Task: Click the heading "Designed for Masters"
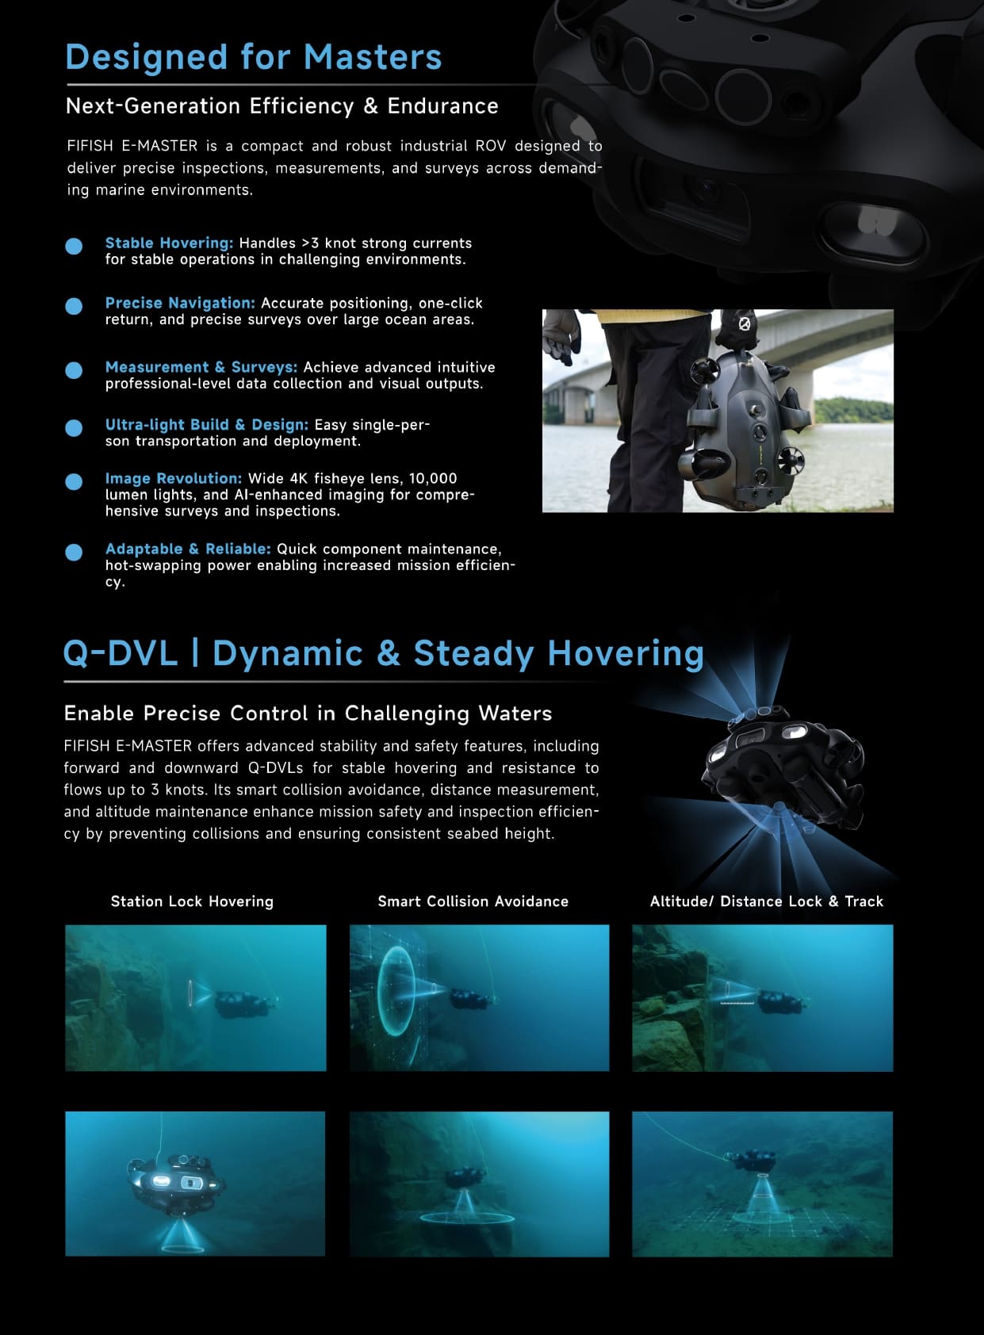[253, 58]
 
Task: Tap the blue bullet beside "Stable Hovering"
[74, 246]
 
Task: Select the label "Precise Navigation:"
[180, 303]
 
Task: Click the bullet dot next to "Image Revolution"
[74, 481]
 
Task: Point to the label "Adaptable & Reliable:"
[188, 549]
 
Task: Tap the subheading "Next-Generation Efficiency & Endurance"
[282, 106]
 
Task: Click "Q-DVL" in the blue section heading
[121, 653]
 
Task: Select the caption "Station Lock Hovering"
[192, 901]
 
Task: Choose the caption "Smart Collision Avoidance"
[473, 901]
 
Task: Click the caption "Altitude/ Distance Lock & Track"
[767, 901]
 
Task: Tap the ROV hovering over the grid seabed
[752, 1160]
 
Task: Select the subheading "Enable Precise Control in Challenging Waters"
[308, 713]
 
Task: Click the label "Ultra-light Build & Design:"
[207, 424]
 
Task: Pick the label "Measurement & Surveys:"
[201, 367]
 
